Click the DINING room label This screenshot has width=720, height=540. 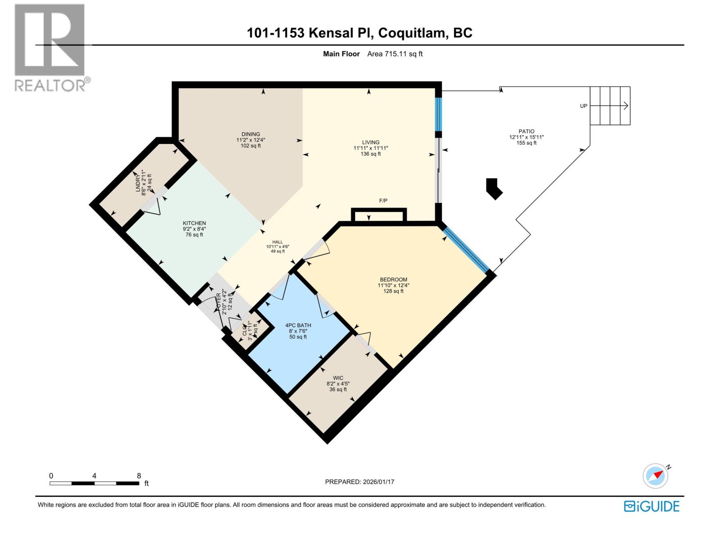pyautogui.click(x=251, y=134)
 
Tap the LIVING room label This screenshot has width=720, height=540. pyautogui.click(x=371, y=142)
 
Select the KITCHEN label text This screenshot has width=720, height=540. pyautogui.click(x=194, y=223)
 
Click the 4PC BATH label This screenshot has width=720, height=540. pyautogui.click(x=298, y=325)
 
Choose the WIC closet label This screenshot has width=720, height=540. pyautogui.click(x=338, y=378)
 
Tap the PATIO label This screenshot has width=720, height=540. pyautogui.click(x=526, y=131)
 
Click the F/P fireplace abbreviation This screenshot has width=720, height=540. pyautogui.click(x=383, y=201)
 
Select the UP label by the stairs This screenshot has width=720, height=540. pyautogui.click(x=584, y=106)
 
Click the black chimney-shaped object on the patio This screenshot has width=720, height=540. pyautogui.click(x=494, y=189)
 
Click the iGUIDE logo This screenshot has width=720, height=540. pyautogui.click(x=651, y=506)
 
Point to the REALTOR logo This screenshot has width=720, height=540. pyautogui.click(x=50, y=47)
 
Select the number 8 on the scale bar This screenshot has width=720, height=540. pyautogui.click(x=139, y=476)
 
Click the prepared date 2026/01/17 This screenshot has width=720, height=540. pyautogui.click(x=378, y=482)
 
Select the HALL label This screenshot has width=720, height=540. pyautogui.click(x=277, y=242)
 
